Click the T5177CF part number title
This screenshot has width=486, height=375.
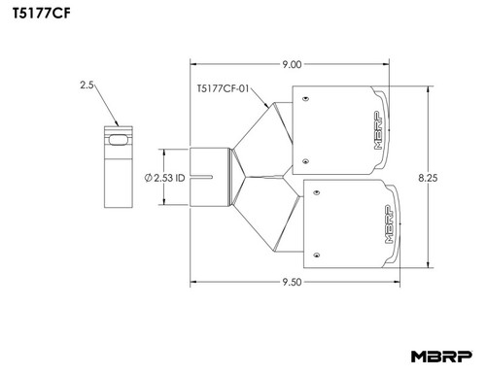(x=41, y=13)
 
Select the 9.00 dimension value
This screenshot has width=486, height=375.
(x=292, y=64)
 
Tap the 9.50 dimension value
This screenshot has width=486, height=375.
(x=292, y=282)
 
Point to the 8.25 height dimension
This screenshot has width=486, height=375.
(x=428, y=178)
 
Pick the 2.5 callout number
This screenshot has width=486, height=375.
(x=87, y=85)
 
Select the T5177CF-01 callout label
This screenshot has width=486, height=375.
(x=223, y=88)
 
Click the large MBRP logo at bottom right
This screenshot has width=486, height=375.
(x=441, y=357)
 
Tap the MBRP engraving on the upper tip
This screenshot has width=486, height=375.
(x=378, y=130)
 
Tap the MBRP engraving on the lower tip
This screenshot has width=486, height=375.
(x=389, y=224)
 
